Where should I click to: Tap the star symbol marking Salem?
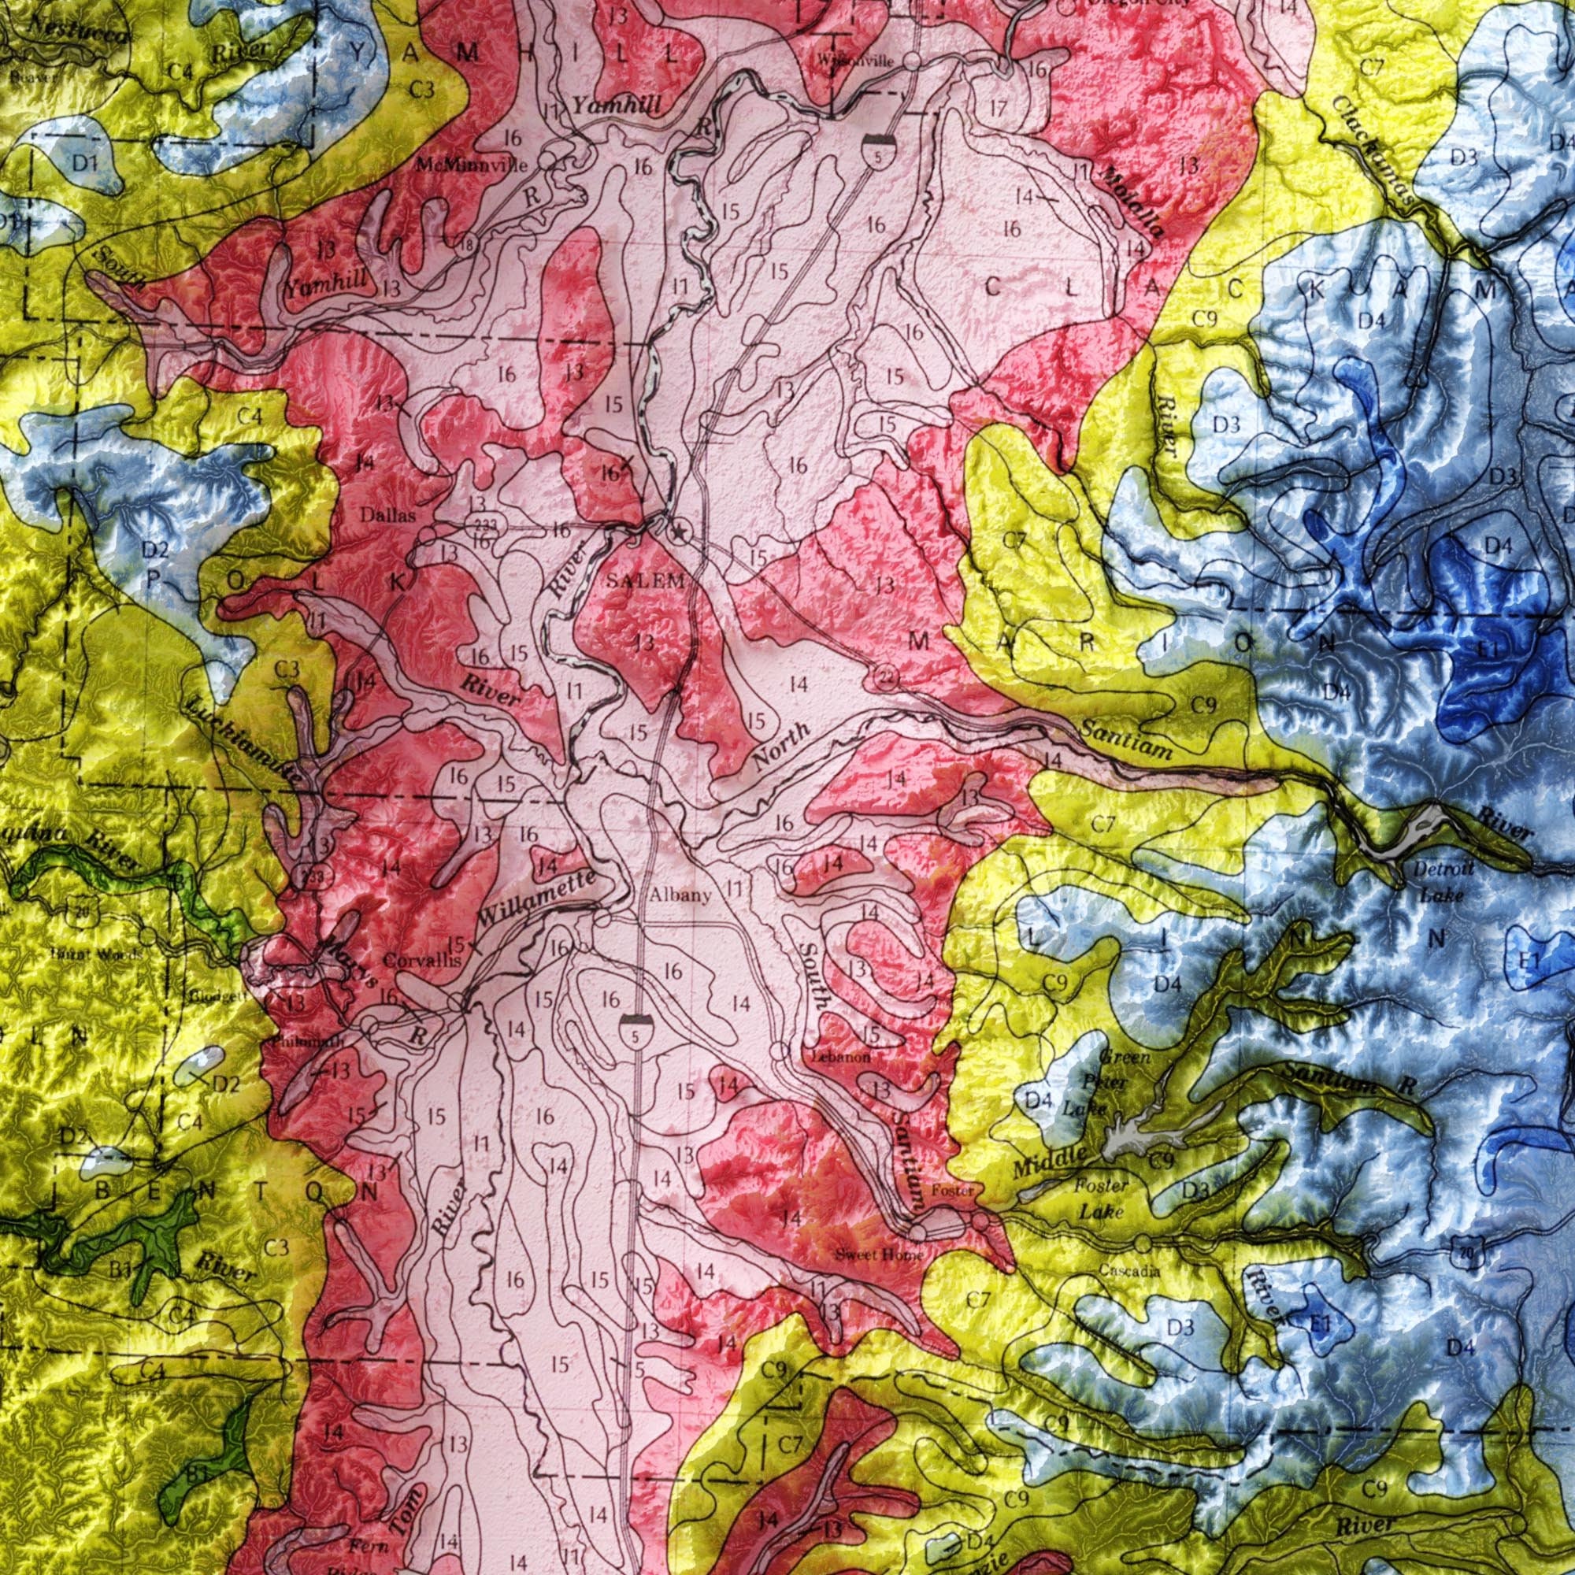click(677, 532)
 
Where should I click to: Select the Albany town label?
click(680, 896)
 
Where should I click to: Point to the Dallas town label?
click(388, 516)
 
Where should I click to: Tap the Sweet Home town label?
click(879, 1254)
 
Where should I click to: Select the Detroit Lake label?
click(1443, 882)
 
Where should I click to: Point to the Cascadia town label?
click(1129, 1270)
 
